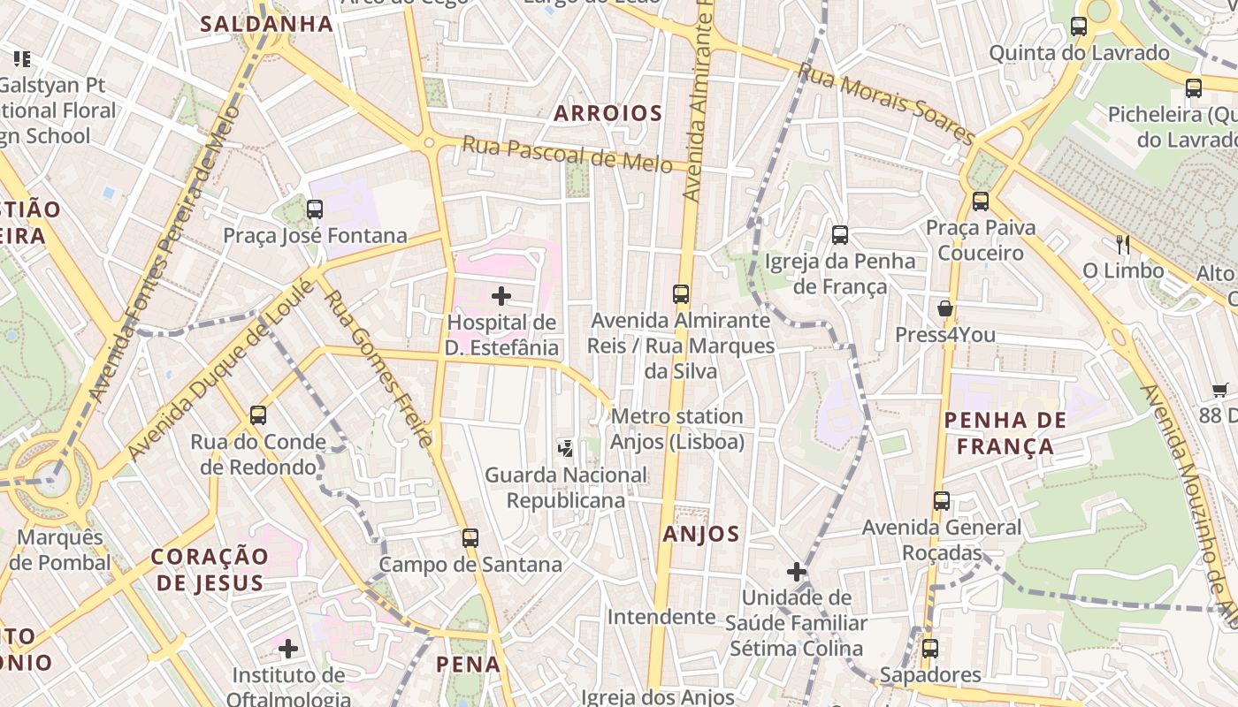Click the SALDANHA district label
(x=266, y=24)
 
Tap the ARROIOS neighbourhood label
(x=608, y=113)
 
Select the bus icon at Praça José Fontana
(x=314, y=209)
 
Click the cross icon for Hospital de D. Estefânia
(x=501, y=296)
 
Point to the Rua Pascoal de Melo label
(x=567, y=156)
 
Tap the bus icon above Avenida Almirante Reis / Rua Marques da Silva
(x=680, y=294)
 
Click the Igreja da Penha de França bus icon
(x=840, y=235)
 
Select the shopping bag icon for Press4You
(x=945, y=308)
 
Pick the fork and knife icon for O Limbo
(x=1123, y=244)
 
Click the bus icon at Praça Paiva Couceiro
(x=980, y=201)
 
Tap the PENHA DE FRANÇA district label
(x=1005, y=433)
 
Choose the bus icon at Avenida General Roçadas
(x=942, y=501)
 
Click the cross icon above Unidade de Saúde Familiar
(x=797, y=572)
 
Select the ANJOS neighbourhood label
(x=700, y=534)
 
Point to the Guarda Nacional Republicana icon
(x=566, y=448)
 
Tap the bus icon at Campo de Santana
(x=470, y=537)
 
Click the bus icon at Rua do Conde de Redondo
(x=257, y=415)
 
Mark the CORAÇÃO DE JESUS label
(x=210, y=569)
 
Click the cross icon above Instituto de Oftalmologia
(x=287, y=650)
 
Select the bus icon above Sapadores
(x=929, y=649)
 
